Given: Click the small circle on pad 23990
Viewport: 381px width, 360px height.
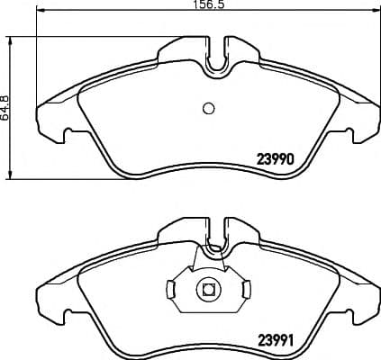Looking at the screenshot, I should [208, 109].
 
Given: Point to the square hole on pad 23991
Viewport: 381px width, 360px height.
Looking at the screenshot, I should [208, 290].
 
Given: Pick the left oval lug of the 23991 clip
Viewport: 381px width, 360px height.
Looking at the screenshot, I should [172, 290].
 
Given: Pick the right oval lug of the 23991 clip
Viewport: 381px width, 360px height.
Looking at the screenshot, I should [244, 290].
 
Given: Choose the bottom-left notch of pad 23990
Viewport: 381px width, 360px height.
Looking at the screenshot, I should [68, 137].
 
